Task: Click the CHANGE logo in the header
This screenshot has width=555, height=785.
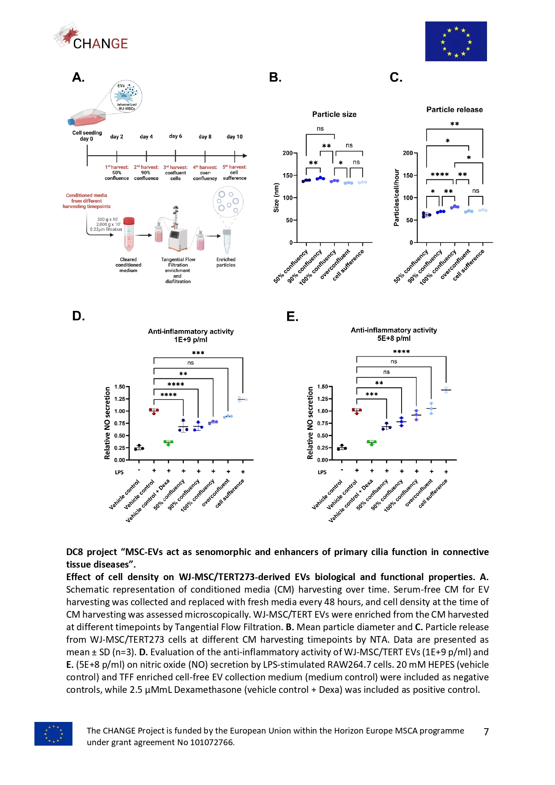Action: pyautogui.click(x=92, y=38)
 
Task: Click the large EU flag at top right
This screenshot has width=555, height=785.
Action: pyautogui.click(x=456, y=41)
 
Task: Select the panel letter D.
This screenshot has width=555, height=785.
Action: pyautogui.click(x=78, y=316)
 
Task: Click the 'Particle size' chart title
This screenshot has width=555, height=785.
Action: pyautogui.click(x=334, y=115)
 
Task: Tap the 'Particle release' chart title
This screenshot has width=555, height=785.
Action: pyautogui.click(x=454, y=110)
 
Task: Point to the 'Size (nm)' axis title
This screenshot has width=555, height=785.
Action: pyautogui.click(x=276, y=197)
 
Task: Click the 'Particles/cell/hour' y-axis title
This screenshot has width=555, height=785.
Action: pyautogui.click(x=396, y=197)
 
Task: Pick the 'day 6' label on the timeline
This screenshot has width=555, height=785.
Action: pyautogui.click(x=175, y=136)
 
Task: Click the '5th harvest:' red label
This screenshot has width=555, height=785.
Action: pyautogui.click(x=234, y=167)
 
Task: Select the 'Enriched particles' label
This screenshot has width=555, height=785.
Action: pyautogui.click(x=226, y=262)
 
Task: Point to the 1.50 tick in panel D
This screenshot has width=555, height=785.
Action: pyautogui.click(x=119, y=387)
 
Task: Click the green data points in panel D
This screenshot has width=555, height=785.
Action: pyautogui.click(x=168, y=443)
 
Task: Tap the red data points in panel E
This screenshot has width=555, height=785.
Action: pyautogui.click(x=356, y=411)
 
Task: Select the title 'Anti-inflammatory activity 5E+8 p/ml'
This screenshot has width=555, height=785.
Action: pyautogui.click(x=394, y=334)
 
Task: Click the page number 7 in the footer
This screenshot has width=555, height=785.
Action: pyautogui.click(x=486, y=732)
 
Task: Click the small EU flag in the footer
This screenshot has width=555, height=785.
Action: pyautogui.click(x=53, y=734)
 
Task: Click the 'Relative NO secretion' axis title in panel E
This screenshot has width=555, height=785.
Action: pyautogui.click(x=310, y=423)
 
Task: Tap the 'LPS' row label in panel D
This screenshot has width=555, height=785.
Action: pyautogui.click(x=119, y=472)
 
